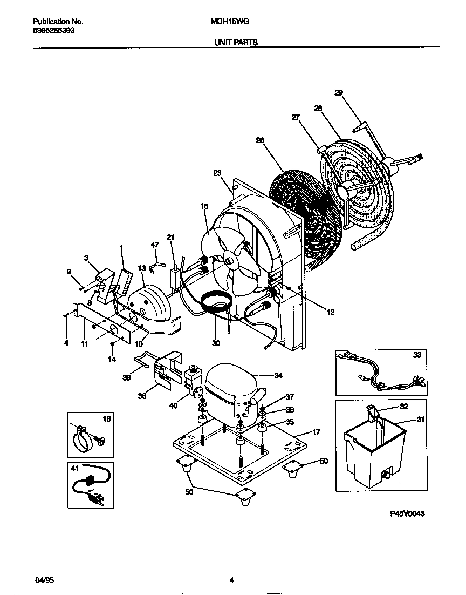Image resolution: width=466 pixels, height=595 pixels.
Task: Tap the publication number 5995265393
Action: (54, 31)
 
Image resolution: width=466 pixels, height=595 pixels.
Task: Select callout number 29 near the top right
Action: (339, 93)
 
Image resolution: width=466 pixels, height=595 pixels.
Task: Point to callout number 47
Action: (155, 245)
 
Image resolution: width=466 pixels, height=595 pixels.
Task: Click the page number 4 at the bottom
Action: (231, 580)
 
